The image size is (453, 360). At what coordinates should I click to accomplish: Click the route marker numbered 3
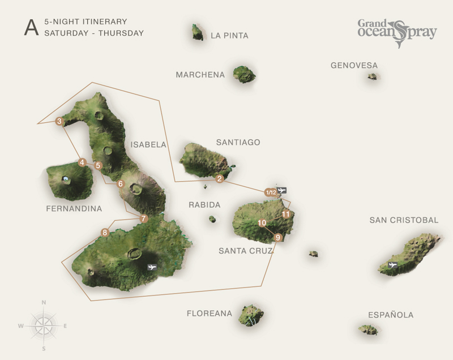click(x=59, y=121)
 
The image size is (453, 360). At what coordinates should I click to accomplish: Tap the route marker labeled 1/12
click(x=271, y=192)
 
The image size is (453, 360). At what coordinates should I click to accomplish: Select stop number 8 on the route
click(x=104, y=232)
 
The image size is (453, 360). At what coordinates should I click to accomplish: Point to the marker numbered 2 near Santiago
click(x=220, y=179)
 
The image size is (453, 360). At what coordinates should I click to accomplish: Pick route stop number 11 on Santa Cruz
click(x=286, y=214)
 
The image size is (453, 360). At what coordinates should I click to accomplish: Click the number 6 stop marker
click(x=121, y=183)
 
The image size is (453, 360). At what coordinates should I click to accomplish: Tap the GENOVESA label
click(x=354, y=66)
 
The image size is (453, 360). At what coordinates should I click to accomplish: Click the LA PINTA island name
click(x=229, y=36)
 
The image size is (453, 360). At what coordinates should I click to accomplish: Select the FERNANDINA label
click(x=74, y=209)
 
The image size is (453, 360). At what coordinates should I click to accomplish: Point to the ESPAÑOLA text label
click(x=391, y=315)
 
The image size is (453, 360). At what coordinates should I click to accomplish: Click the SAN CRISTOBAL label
click(x=404, y=220)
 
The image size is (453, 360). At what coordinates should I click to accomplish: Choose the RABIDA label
click(x=204, y=205)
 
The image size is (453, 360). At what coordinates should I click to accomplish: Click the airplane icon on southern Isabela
click(x=152, y=267)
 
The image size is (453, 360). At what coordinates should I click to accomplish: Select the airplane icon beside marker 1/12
click(x=282, y=190)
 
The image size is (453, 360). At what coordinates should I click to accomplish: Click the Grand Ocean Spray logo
click(x=396, y=32)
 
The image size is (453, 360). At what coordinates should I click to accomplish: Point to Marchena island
click(x=245, y=74)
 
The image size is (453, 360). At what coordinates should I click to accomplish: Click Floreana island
click(x=251, y=315)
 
